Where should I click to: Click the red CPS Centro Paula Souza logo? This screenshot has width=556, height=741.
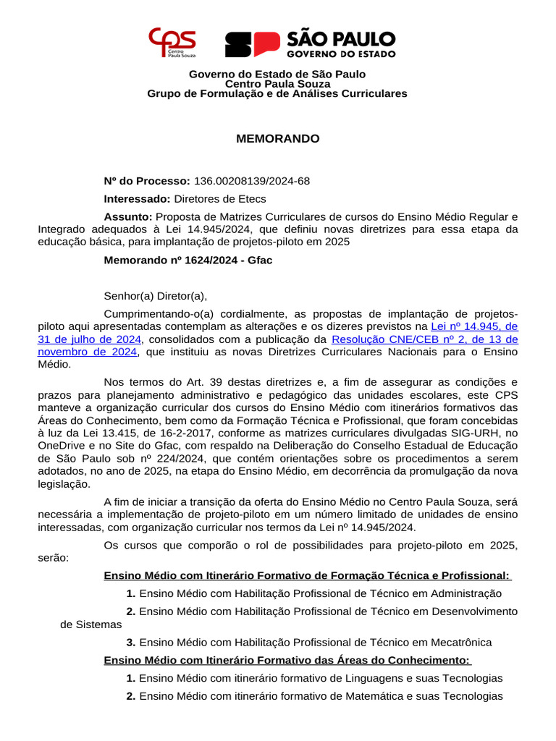tap(172, 43)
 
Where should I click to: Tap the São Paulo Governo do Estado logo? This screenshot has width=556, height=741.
tap(310, 44)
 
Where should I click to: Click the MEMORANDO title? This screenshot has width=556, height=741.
tap(277, 138)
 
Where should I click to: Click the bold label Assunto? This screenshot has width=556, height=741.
tap(128, 216)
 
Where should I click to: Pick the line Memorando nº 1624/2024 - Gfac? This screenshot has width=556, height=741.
tap(188, 260)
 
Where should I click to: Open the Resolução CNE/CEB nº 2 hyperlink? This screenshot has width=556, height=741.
tap(424, 339)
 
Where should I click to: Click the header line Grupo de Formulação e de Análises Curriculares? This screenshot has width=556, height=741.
tap(277, 93)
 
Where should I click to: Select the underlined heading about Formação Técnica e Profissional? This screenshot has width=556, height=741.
tap(307, 575)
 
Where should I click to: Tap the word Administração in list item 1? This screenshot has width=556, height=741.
tap(466, 593)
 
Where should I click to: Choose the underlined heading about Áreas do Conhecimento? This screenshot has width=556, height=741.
tap(287, 660)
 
